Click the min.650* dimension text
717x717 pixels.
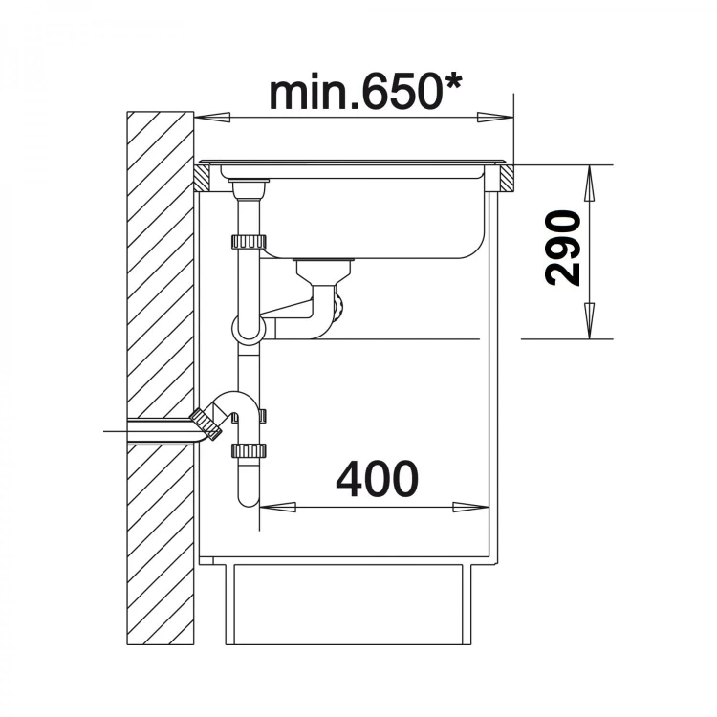click(365, 93)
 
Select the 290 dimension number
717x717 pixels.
click(562, 248)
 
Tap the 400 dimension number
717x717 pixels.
click(378, 478)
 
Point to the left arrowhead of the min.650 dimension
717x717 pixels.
click(211, 118)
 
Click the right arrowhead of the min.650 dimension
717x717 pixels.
click(495, 117)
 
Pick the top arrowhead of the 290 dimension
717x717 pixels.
click(590, 183)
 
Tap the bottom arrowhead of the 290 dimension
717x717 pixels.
click(590, 320)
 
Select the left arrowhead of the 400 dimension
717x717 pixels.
click(277, 507)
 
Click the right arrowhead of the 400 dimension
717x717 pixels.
click(471, 507)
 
